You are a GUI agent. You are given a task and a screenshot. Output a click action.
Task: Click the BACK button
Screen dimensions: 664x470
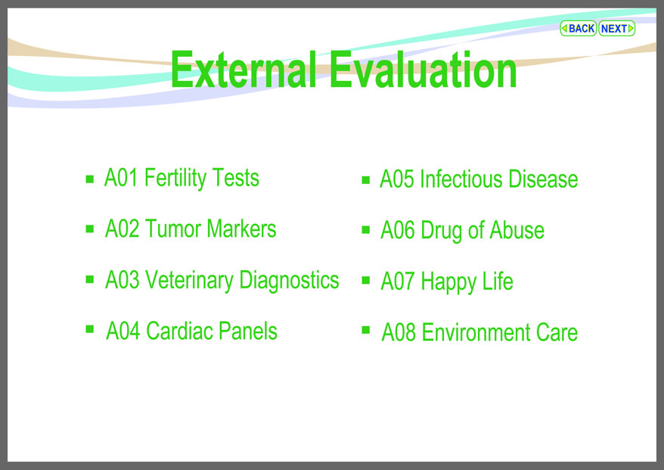tap(578, 29)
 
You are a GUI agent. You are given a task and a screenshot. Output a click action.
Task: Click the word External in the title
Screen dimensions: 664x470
tap(244, 70)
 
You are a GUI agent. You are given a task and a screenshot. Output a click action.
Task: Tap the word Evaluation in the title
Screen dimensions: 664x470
tap(423, 70)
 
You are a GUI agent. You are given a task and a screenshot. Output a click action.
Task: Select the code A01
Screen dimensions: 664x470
tap(121, 178)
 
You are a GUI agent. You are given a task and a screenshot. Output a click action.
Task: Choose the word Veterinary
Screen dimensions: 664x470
tap(189, 281)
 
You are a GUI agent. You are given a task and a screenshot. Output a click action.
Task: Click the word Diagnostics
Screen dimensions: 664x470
tap(289, 281)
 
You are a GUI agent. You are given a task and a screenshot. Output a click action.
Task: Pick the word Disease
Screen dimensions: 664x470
tap(543, 179)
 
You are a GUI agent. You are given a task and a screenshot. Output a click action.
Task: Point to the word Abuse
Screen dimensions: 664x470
tap(517, 230)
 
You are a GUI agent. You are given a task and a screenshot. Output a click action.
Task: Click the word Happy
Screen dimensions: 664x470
tap(448, 282)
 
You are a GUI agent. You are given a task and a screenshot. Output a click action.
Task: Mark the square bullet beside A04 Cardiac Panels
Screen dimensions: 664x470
tap(90, 329)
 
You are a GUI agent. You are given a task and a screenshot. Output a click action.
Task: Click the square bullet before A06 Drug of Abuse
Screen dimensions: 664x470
tap(366, 230)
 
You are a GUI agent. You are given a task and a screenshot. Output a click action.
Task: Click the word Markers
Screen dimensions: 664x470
tap(241, 229)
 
